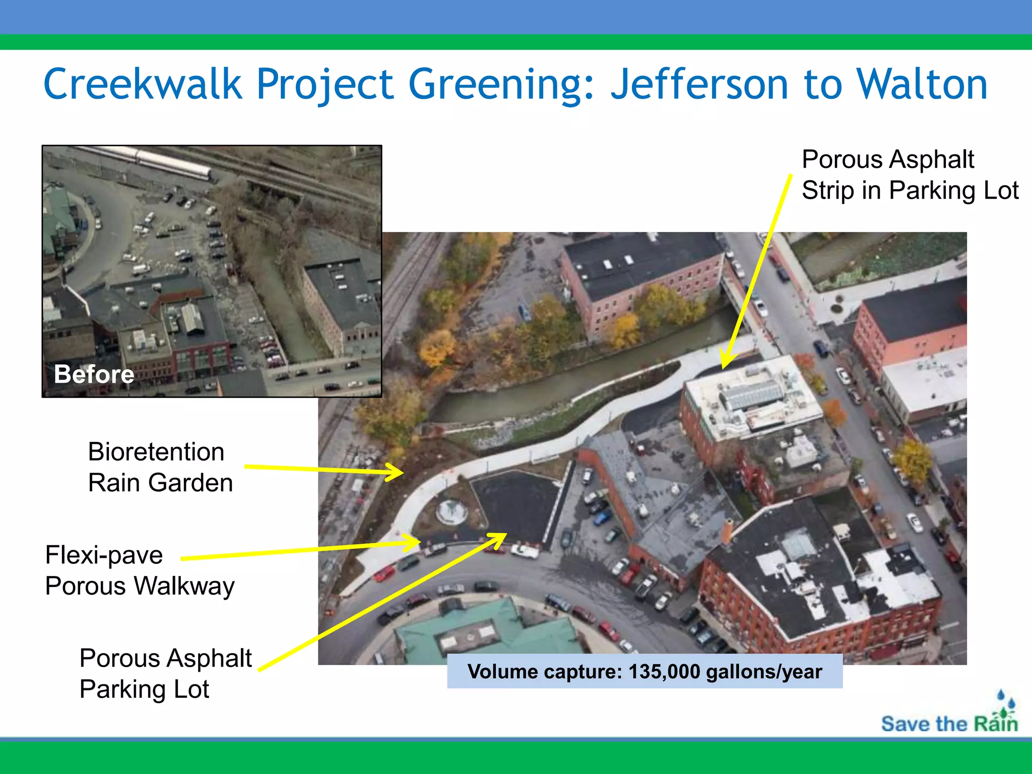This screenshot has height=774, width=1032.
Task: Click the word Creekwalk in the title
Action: pyautogui.click(x=143, y=84)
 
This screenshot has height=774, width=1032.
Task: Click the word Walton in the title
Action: pyautogui.click(x=922, y=84)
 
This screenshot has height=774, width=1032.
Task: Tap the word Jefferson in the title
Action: pyautogui.click(x=699, y=84)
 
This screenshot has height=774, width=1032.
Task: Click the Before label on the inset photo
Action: pyautogui.click(x=94, y=374)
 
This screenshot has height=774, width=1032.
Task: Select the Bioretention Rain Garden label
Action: pyautogui.click(x=160, y=467)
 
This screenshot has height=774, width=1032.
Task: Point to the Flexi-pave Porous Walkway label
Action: pyautogui.click(x=140, y=570)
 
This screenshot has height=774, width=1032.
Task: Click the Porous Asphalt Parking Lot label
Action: pyautogui.click(x=165, y=674)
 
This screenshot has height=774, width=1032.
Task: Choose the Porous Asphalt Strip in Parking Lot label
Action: pyautogui.click(x=910, y=175)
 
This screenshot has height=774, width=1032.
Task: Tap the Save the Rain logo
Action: pyautogui.click(x=950, y=716)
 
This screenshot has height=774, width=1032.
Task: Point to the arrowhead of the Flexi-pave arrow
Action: pyautogui.click(x=416, y=542)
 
